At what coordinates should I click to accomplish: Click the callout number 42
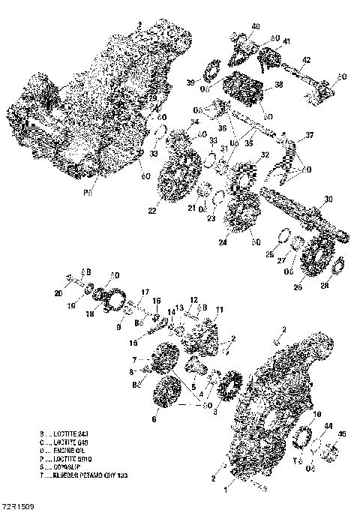pos(306,59)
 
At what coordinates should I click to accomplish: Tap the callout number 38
pos(278,85)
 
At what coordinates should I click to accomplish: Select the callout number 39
pos(190,82)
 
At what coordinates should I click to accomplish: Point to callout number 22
pos(152,211)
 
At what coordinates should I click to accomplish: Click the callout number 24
pos(223,241)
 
